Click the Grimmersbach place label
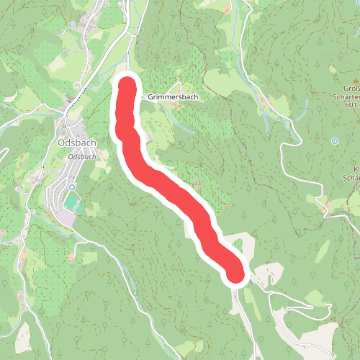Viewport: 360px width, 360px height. pos(173,96)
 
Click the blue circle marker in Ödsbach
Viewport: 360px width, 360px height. pos(72,187)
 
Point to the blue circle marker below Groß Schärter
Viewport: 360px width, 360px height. pos(335,141)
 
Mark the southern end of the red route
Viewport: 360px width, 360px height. pos(235,274)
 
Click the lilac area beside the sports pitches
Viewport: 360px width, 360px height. pos(67,216)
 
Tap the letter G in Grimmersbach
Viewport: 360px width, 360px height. pos(151,96)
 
